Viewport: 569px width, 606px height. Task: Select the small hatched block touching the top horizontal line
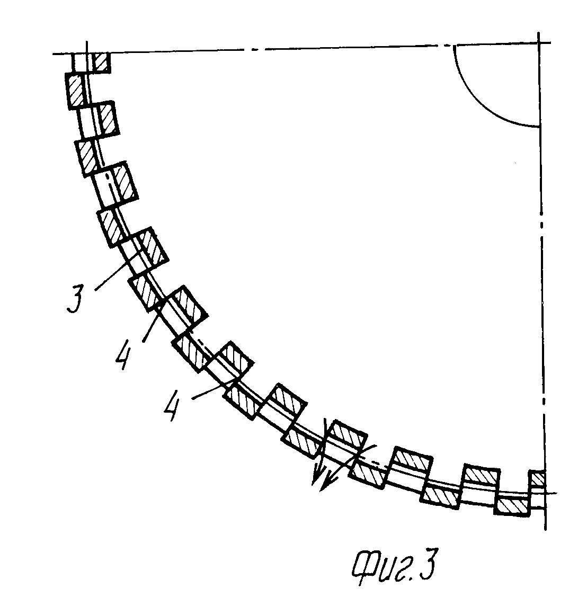[x=101, y=63]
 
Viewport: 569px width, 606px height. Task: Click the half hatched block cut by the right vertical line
[x=537, y=478]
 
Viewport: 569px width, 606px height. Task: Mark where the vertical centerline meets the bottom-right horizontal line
[x=542, y=494]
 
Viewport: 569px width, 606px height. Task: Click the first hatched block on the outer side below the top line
[x=75, y=91]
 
